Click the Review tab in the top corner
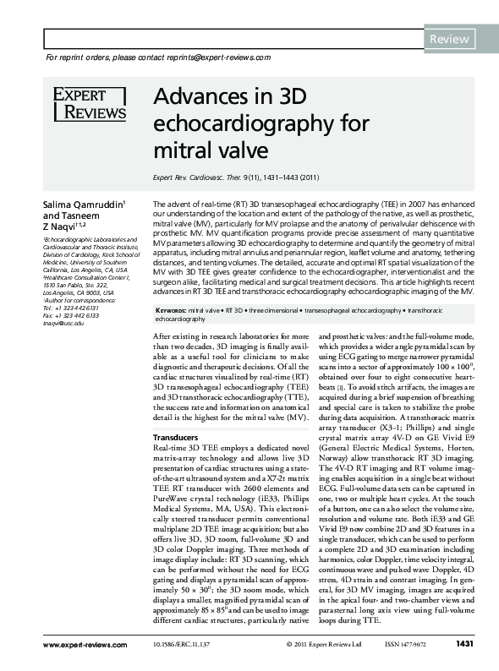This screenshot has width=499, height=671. click(450, 39)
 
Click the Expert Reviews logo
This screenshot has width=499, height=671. click(89, 103)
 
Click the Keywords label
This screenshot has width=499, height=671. click(170, 311)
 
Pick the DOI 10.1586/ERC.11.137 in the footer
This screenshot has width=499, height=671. click(205, 646)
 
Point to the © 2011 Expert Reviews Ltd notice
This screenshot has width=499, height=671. click(316, 646)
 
